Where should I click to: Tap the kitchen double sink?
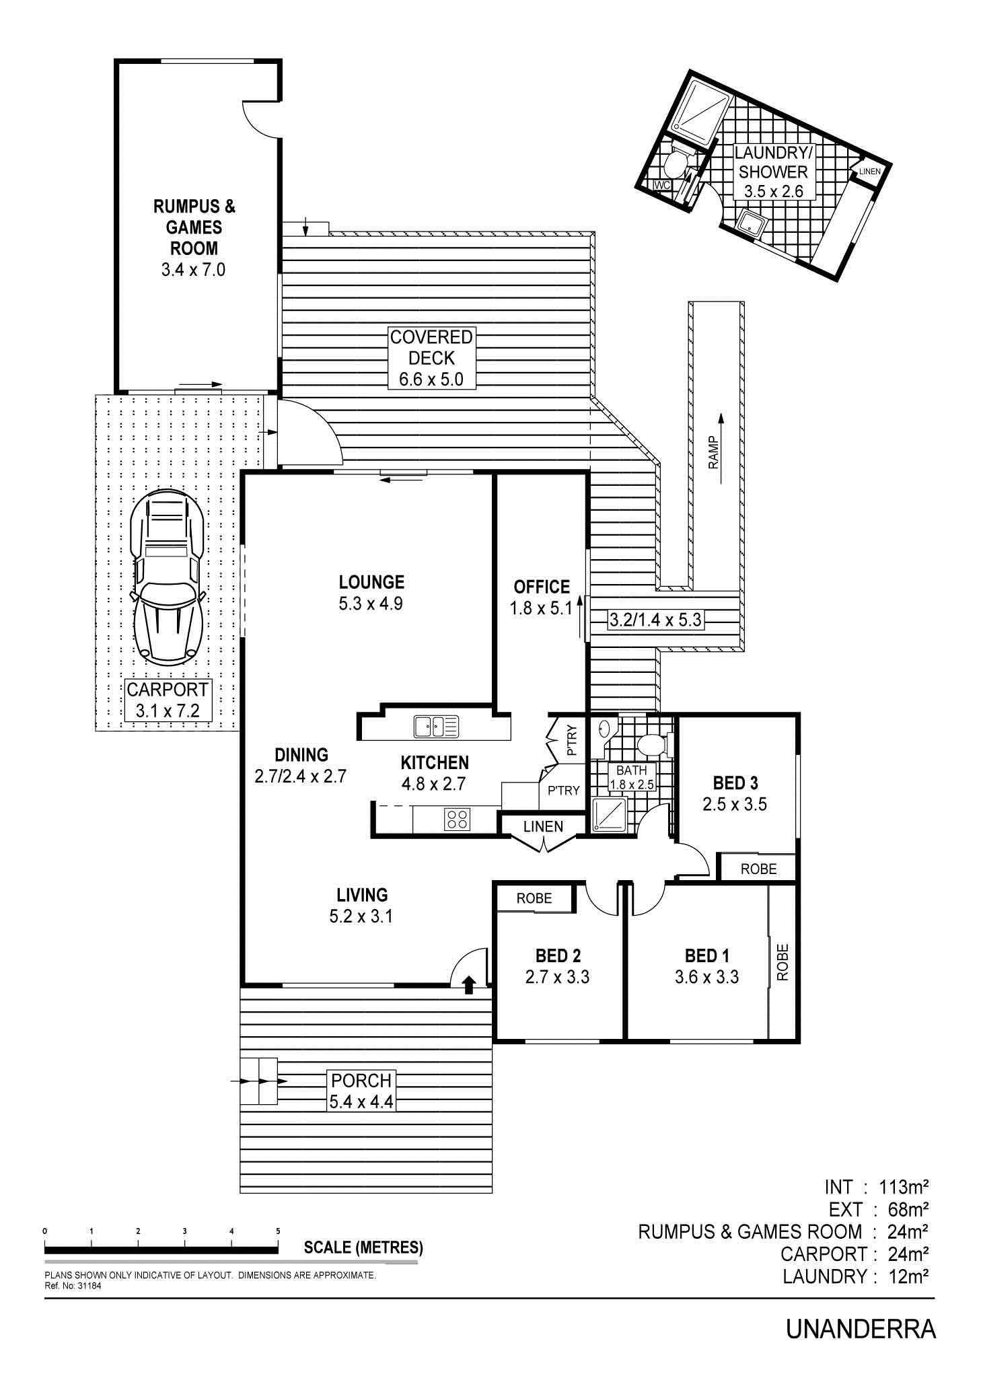436,726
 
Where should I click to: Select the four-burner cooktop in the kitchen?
458,819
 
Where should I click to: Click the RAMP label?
713,452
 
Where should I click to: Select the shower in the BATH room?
609,815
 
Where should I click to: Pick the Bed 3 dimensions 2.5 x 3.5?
735,804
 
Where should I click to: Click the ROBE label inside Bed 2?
534,898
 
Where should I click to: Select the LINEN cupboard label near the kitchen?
543,826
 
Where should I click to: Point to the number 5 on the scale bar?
278,1231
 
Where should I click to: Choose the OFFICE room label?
542,587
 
